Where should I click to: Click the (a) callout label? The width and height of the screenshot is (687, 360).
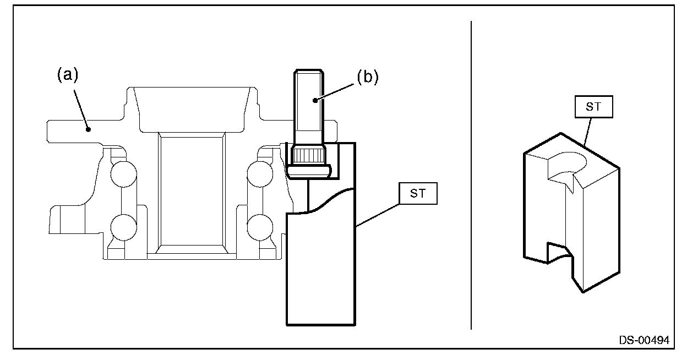tap(68, 75)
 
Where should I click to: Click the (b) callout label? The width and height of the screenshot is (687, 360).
tap(368, 77)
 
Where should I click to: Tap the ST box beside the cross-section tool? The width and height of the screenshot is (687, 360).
tap(418, 194)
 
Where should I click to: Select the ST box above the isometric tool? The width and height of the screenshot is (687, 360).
tap(594, 107)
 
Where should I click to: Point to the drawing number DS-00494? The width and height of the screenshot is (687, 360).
tap(644, 340)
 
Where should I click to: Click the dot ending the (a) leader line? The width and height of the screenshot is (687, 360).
tap(88, 130)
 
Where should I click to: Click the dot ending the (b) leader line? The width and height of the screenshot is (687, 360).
tap(315, 100)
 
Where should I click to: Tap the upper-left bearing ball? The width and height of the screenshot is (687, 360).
tap(124, 174)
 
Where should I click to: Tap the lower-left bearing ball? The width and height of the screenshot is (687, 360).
tap(124, 227)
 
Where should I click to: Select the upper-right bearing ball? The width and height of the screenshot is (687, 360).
tap(260, 174)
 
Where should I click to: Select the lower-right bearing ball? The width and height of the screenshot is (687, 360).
tap(260, 227)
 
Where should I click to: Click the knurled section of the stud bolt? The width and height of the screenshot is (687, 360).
tap(308, 155)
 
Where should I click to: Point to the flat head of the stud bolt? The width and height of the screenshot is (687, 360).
tap(309, 171)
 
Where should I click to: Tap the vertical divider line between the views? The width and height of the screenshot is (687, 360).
tap(471, 176)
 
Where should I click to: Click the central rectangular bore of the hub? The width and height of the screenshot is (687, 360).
tap(192, 191)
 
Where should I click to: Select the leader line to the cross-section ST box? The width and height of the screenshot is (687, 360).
tap(378, 215)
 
